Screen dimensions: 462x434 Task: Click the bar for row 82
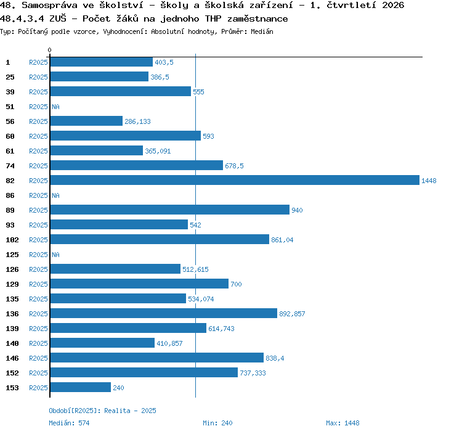point(235,180)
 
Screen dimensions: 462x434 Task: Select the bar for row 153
point(81,387)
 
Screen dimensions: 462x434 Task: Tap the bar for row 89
point(170,210)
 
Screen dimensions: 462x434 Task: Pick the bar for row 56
point(86,121)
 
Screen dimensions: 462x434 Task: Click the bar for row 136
point(164,313)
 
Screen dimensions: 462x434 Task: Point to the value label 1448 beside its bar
point(429,181)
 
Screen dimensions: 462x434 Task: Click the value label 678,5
point(234,166)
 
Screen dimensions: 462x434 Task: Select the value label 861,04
point(282,240)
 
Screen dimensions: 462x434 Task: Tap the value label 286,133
point(137,121)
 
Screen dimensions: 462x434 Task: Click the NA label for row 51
point(55,107)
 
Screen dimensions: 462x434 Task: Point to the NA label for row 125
point(55,255)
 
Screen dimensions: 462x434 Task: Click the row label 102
point(12,240)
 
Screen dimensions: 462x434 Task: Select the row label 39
point(10,92)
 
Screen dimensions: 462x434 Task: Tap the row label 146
point(12,358)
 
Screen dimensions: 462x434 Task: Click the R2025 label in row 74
point(38,166)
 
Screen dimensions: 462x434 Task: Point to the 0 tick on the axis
point(49,50)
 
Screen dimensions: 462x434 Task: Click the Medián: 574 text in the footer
point(69,423)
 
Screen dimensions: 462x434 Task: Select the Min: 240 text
point(217,423)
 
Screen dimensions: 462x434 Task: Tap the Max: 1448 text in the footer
point(342,423)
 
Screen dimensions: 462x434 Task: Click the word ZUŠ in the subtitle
point(58,18)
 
